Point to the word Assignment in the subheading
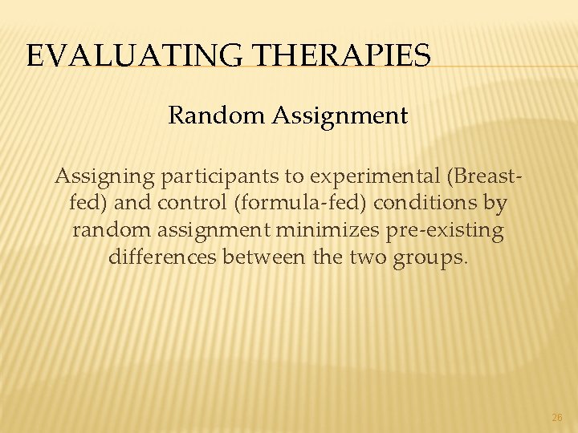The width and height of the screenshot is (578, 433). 341,115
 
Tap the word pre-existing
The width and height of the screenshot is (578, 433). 445,230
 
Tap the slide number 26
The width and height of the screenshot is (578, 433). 557,418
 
